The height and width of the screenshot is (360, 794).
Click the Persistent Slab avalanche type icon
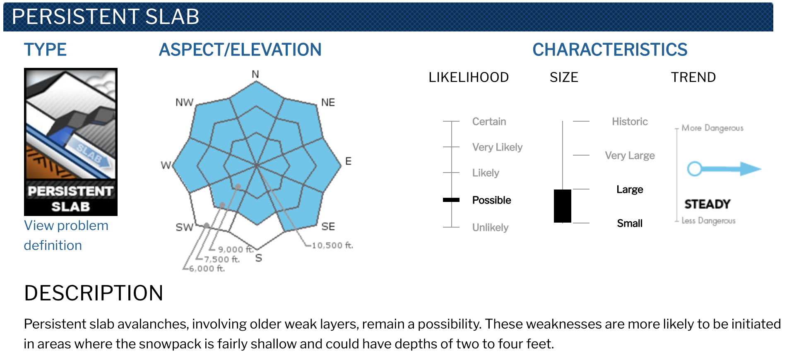[x=71, y=142]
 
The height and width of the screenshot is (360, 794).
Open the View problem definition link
[x=66, y=235]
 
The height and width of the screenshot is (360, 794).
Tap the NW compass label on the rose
[x=184, y=102]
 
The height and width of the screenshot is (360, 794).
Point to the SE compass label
[x=328, y=226]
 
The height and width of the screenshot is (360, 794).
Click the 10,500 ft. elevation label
[x=332, y=245]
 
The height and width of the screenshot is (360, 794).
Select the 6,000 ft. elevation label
[x=207, y=269]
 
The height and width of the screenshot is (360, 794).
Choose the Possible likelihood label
[x=491, y=200]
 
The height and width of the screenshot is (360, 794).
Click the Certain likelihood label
[x=489, y=122]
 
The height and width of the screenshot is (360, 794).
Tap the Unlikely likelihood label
[x=490, y=228]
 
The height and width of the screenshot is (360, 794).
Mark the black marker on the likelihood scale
[x=451, y=200]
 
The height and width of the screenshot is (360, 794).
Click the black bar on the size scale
[x=563, y=206]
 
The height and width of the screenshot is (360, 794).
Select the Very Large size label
[x=630, y=156]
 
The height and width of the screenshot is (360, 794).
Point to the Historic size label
[x=630, y=122]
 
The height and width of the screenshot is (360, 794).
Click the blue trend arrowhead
[x=751, y=169]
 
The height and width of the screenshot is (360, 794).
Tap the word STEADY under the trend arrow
[x=707, y=204]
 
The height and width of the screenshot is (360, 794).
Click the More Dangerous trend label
[x=712, y=128]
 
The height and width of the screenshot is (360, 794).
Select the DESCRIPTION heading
[x=94, y=293]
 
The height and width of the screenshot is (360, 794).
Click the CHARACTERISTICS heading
[x=610, y=50]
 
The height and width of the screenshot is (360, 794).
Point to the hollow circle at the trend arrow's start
[x=694, y=169]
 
